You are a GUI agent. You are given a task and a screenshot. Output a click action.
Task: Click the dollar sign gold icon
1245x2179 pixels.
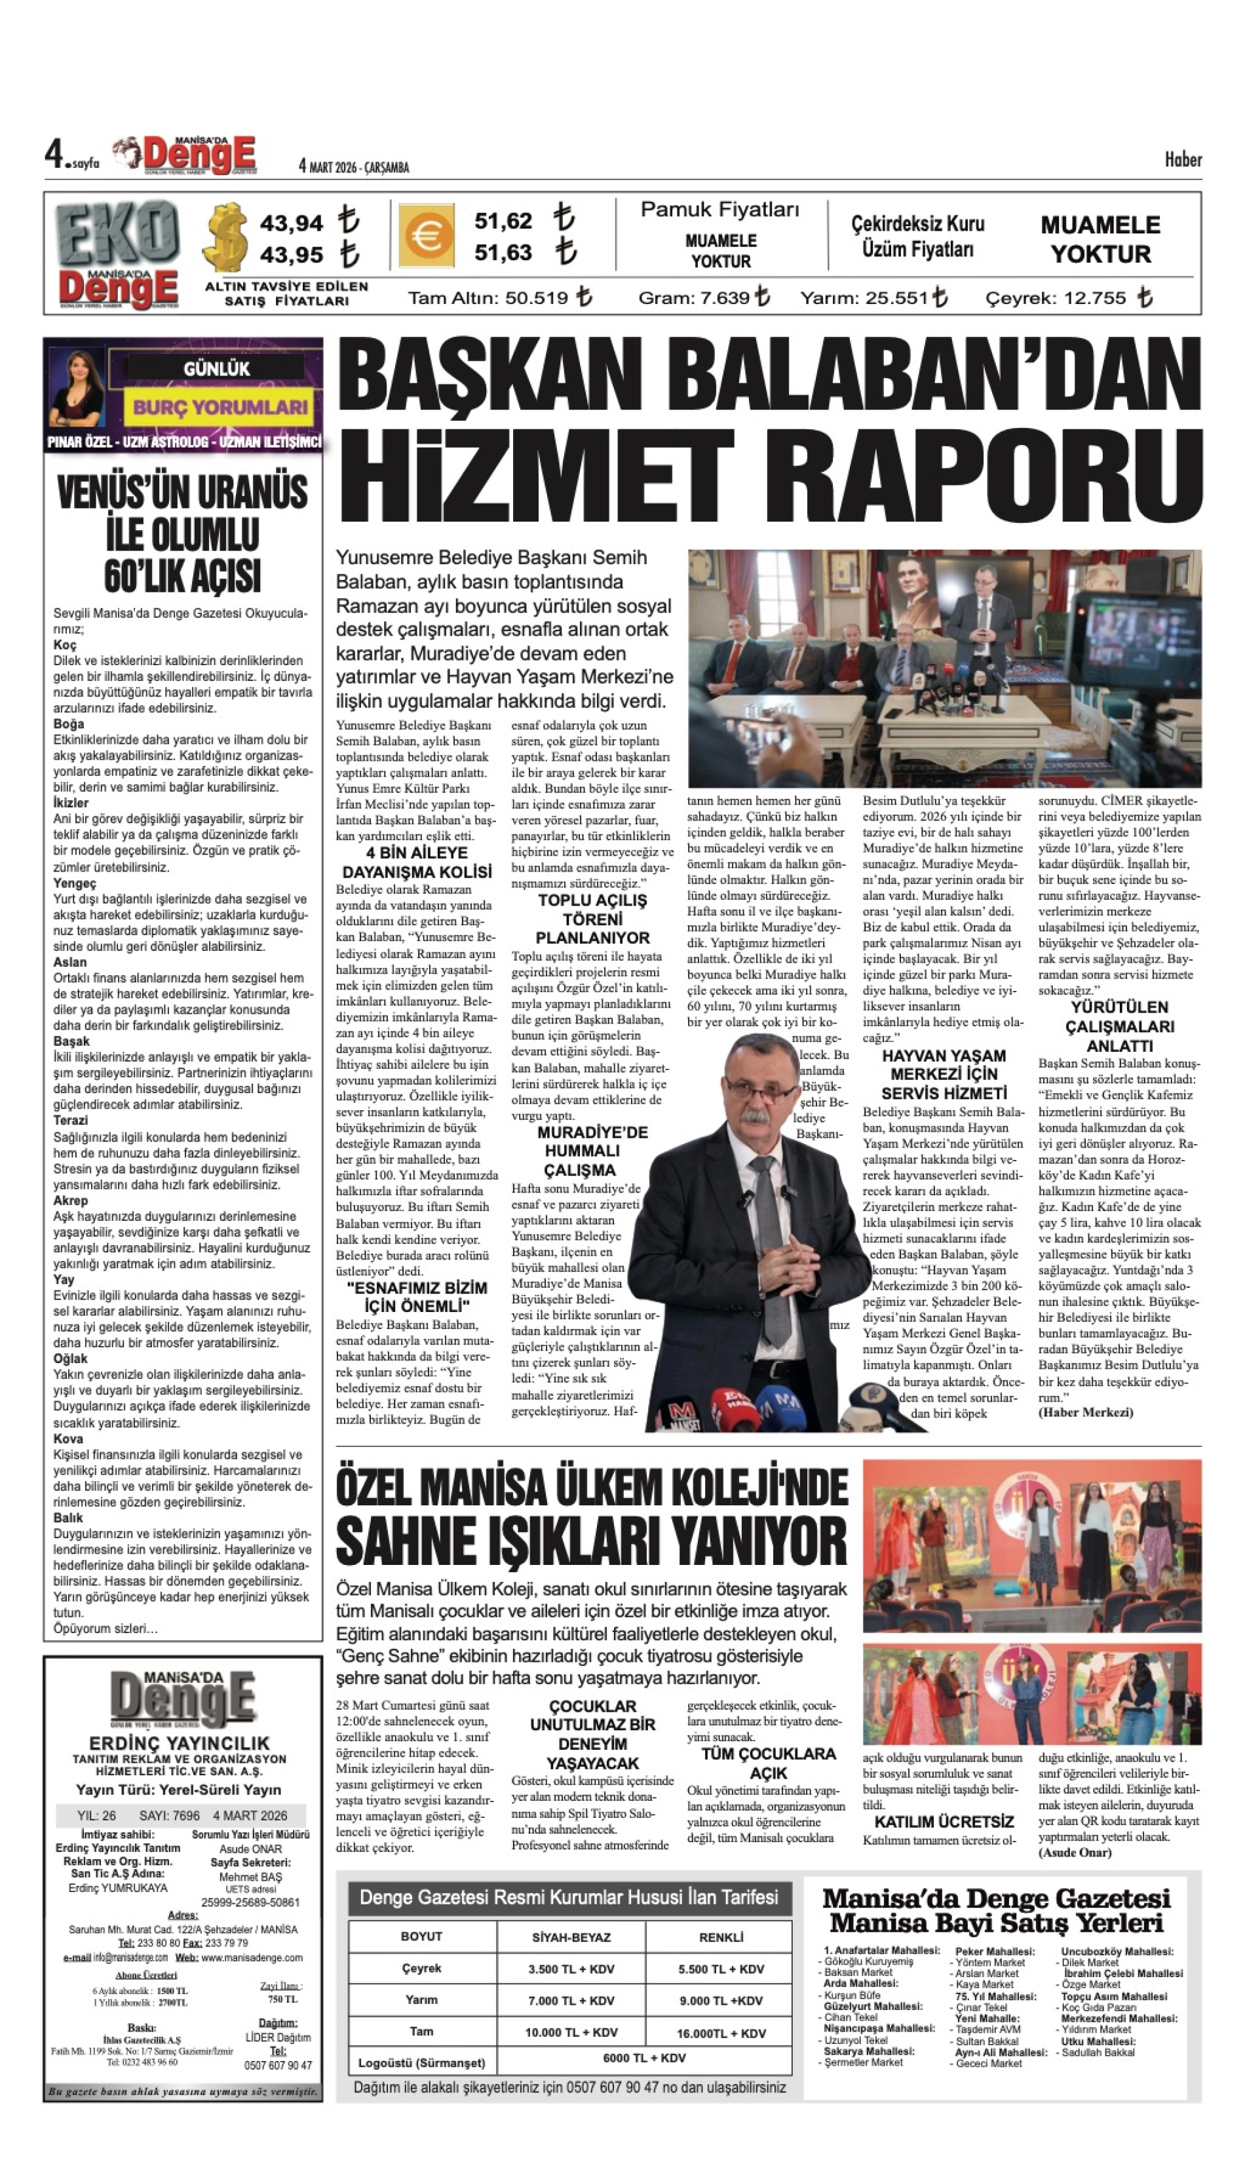click(x=226, y=238)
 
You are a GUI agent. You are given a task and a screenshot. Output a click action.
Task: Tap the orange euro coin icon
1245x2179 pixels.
click(x=425, y=235)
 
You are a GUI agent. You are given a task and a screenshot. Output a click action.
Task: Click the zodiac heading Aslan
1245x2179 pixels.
click(x=70, y=962)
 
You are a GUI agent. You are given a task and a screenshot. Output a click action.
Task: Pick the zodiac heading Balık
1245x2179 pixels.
click(x=68, y=1518)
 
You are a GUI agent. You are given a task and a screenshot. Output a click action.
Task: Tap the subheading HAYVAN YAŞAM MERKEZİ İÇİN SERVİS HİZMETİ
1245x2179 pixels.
click(x=944, y=1074)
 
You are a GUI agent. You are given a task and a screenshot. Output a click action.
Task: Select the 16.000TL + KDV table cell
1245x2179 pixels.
click(x=721, y=2034)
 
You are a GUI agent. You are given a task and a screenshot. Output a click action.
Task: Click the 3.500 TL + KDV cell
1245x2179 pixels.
click(x=571, y=1969)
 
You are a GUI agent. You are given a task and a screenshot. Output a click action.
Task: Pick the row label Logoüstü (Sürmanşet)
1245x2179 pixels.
click(x=421, y=2064)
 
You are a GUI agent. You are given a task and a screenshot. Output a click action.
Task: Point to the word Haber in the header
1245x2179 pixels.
click(x=1183, y=159)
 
